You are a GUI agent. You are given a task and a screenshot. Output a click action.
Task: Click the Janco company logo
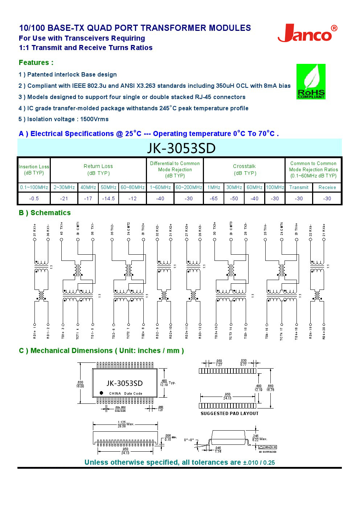click(x=307, y=34)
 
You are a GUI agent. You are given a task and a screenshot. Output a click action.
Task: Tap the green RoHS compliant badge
click(x=311, y=82)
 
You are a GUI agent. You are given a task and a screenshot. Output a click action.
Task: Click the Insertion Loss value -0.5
click(x=34, y=198)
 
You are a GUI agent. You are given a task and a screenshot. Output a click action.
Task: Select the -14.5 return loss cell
click(x=108, y=198)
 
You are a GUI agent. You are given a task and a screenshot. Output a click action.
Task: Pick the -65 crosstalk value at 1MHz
click(x=214, y=198)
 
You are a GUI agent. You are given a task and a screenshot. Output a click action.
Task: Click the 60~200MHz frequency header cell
click(x=189, y=187)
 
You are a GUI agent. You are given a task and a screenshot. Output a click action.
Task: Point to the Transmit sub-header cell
click(x=299, y=187)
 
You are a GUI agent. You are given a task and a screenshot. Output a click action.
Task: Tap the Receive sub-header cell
click(x=327, y=187)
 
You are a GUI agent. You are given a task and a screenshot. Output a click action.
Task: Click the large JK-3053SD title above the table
click(x=181, y=148)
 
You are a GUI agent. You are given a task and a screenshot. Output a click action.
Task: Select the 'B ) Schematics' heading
click(x=45, y=213)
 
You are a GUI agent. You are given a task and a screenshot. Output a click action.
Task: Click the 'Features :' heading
click(x=36, y=62)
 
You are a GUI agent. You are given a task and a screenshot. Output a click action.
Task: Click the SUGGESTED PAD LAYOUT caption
click(x=229, y=413)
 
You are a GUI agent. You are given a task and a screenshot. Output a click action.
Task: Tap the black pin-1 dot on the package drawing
click(x=101, y=393)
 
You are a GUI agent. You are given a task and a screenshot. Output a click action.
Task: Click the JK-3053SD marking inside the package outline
click(x=124, y=383)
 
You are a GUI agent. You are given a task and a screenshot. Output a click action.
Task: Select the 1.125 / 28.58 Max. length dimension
click(x=125, y=424)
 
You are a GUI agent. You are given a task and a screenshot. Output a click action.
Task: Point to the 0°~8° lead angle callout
click(x=189, y=440)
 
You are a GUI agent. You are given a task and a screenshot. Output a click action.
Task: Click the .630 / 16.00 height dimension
click(x=80, y=384)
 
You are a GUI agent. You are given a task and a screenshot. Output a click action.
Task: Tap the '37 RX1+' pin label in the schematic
click(x=35, y=230)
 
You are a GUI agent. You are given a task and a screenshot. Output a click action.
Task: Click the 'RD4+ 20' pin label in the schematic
click(x=324, y=332)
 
